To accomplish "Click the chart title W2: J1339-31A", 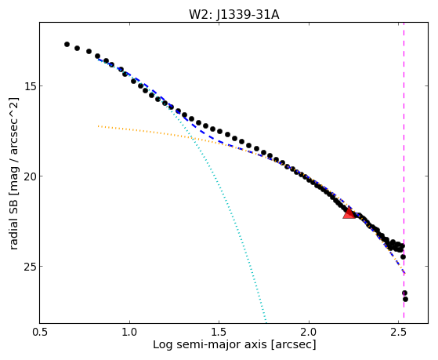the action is pos(234,15).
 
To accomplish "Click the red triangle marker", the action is pos(349,213).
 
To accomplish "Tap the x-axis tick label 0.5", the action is pos(40,332).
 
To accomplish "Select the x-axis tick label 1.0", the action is pos(129,332).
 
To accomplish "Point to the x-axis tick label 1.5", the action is pos(219,332).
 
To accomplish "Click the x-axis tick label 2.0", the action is pos(309,332).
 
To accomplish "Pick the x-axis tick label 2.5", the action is pos(398,332).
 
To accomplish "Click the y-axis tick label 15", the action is pos(31,85).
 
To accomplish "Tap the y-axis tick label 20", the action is pos(31,176).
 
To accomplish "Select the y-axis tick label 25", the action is pos(31,267).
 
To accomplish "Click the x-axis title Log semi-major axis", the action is pos(209,345).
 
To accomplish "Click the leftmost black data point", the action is pos(67,44).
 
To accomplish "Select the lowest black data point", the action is pos(405,300).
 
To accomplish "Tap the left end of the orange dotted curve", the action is pos(98,126).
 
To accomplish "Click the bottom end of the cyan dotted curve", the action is pos(266,322).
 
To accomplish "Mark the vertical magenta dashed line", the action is pos(404,173).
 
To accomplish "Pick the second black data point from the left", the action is pos(77,48).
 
